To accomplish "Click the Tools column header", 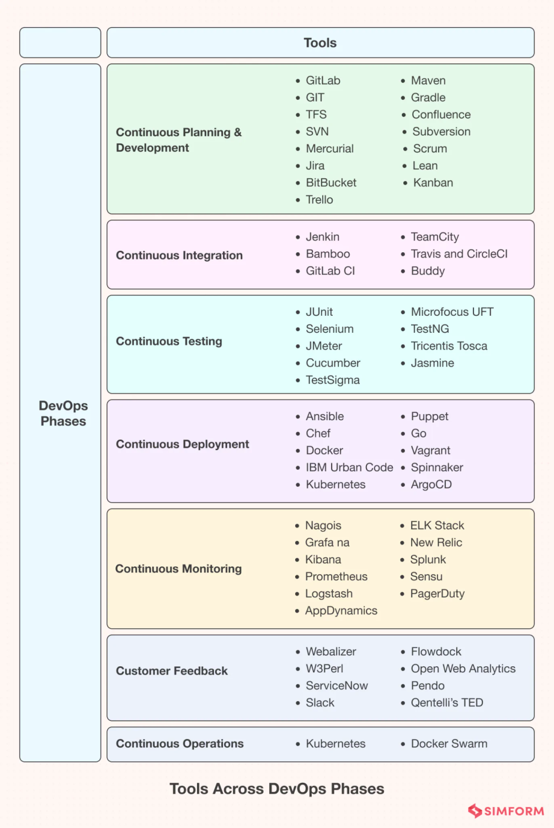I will click(x=320, y=43).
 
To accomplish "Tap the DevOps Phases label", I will click(x=63, y=413).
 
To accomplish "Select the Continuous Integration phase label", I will click(x=179, y=256).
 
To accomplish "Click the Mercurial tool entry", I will click(x=329, y=148).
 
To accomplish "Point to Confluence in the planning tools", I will click(x=441, y=114).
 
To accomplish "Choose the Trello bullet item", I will click(x=319, y=200).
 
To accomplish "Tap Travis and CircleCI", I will click(x=459, y=254).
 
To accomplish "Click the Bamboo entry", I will click(x=328, y=254).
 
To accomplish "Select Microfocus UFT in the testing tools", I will click(x=452, y=312).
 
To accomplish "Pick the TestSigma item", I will click(x=333, y=380).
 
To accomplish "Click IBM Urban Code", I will click(x=349, y=468).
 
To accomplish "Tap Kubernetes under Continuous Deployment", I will click(x=335, y=485).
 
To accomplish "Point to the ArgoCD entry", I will click(x=431, y=485).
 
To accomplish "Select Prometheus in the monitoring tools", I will click(x=336, y=577).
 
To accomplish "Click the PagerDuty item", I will click(x=437, y=594).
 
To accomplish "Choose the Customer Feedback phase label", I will click(x=172, y=671).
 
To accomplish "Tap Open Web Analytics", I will click(x=463, y=669).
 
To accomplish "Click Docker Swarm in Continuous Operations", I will click(x=449, y=744).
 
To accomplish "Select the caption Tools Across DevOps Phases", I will click(x=276, y=789).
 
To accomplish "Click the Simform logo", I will click(x=506, y=811).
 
